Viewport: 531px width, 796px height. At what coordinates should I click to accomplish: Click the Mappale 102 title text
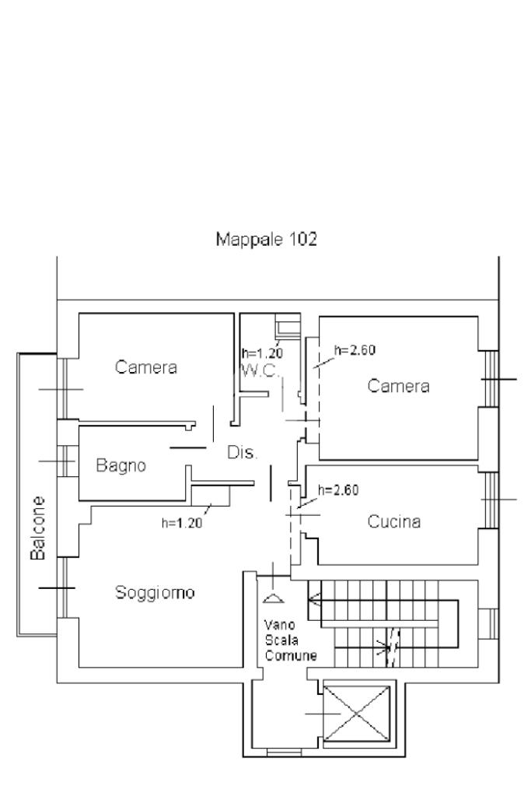click(x=266, y=239)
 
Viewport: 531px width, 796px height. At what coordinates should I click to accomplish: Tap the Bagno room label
click(x=121, y=465)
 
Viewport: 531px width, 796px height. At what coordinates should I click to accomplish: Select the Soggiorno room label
click(x=155, y=592)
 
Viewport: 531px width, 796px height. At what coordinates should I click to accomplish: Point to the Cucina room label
click(x=394, y=521)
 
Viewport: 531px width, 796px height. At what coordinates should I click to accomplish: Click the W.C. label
click(x=260, y=370)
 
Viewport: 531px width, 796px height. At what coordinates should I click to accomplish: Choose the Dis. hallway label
click(x=243, y=452)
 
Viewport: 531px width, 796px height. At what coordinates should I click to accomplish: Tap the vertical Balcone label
click(x=38, y=528)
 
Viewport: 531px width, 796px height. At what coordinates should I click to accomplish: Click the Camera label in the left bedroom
click(x=146, y=366)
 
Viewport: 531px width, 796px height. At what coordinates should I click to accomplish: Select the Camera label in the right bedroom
click(x=398, y=386)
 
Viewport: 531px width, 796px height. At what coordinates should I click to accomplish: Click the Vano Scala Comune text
click(x=291, y=640)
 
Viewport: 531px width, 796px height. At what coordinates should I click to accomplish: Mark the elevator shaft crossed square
click(x=357, y=714)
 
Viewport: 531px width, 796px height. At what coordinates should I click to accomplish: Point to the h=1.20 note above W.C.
click(x=262, y=352)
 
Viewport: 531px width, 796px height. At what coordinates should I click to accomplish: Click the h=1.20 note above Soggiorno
click(x=182, y=523)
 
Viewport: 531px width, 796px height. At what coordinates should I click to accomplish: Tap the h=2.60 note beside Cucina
click(x=338, y=490)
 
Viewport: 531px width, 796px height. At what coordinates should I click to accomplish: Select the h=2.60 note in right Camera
click(x=355, y=350)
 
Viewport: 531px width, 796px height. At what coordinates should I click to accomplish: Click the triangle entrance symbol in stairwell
click(x=274, y=598)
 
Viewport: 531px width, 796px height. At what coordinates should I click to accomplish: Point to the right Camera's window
click(x=490, y=379)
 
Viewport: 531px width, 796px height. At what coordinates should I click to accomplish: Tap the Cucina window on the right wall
click(x=490, y=500)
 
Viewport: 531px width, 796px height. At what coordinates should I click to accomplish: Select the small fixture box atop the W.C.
click(x=288, y=327)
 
